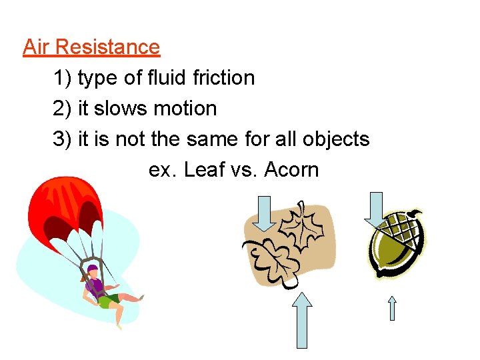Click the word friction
(223, 78)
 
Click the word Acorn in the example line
(291, 170)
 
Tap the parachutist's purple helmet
(93, 269)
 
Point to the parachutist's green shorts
(107, 300)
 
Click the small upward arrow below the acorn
(393, 308)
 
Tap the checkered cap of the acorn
(405, 230)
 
